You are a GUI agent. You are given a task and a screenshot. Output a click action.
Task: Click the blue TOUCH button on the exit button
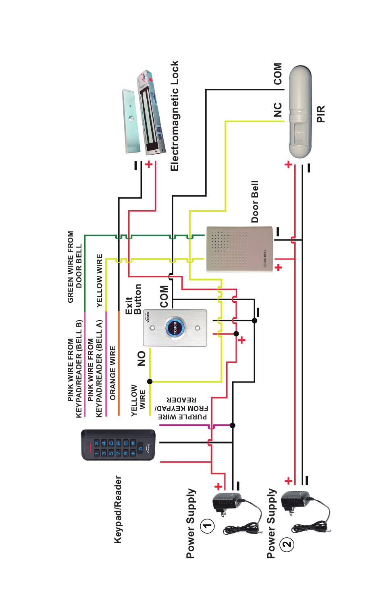[175, 328]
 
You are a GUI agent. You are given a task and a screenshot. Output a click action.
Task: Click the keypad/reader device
[118, 445]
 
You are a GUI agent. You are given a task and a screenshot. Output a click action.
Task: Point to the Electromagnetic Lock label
[175, 116]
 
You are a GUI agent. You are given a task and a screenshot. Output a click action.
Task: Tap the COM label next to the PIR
[278, 74]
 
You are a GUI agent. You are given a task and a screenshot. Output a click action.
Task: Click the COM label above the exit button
[164, 296]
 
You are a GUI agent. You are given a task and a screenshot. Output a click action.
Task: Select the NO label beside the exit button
[141, 358]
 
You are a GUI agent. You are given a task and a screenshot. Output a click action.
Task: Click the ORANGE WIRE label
[113, 373]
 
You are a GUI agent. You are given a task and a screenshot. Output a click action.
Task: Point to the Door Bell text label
[255, 201]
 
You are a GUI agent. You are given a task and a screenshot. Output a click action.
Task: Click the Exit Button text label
[133, 299]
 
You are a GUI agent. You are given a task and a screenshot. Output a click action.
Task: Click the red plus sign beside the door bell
[279, 268]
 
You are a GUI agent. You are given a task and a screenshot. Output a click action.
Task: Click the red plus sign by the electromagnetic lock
[149, 164]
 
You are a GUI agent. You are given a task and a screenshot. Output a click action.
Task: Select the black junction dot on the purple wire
[233, 425]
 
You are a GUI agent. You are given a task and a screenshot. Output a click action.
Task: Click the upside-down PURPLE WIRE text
[183, 417]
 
